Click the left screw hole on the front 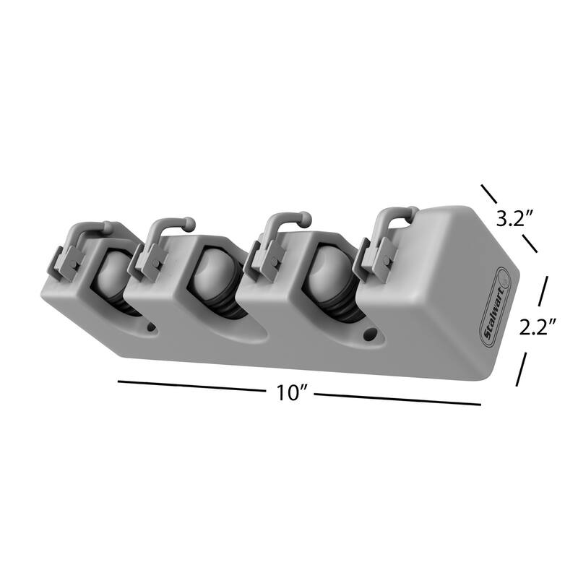pyautogui.click(x=151, y=327)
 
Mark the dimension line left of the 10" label pyautogui.click(x=191, y=387)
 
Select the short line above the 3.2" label pyautogui.click(x=489, y=193)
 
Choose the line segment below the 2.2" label pyautogui.click(x=521, y=369)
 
